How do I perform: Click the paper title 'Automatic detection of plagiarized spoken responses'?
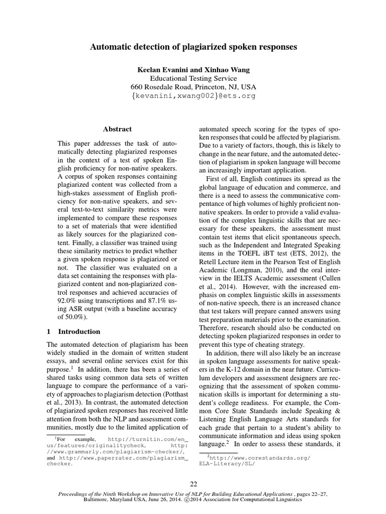click(x=193, y=47)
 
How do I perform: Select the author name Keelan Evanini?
click(x=163, y=69)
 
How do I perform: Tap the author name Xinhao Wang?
click(x=227, y=69)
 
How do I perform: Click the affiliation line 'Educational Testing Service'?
click(x=193, y=78)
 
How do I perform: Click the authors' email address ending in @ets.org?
click(x=193, y=95)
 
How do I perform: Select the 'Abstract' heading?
click(x=117, y=129)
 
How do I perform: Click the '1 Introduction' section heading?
click(x=73, y=332)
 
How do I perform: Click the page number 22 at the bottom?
click(x=193, y=484)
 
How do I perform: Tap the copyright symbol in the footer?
click(x=188, y=500)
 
